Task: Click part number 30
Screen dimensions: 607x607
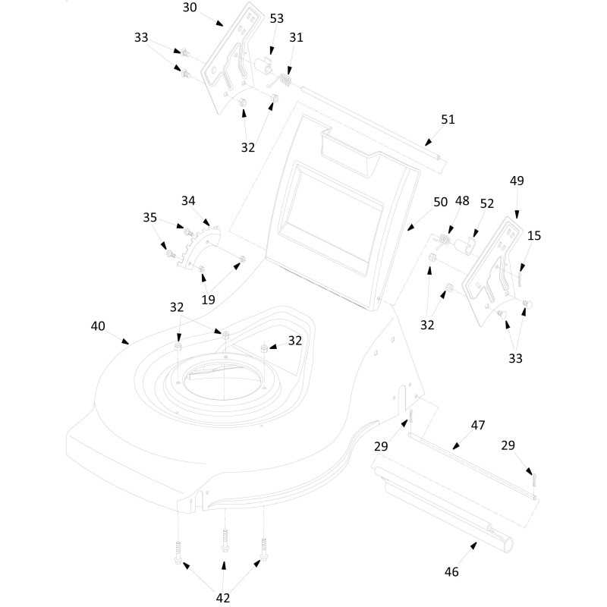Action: click(190, 8)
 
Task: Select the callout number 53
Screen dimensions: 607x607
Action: click(277, 18)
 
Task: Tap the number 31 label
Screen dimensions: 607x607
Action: click(296, 37)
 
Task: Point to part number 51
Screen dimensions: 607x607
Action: click(448, 120)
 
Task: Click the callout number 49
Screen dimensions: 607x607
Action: click(517, 181)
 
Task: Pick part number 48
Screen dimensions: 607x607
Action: click(462, 202)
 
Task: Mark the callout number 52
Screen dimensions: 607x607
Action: click(487, 204)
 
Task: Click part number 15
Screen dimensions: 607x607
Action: click(534, 236)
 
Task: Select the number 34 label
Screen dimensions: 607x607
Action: click(188, 201)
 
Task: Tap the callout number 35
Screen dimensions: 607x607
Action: click(150, 218)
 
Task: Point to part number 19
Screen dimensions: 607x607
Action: click(209, 300)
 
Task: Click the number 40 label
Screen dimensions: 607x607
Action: click(98, 326)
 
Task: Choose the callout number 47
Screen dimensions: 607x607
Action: click(478, 426)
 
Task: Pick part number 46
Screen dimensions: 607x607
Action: click(451, 572)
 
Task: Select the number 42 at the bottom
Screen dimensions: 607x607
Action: click(222, 598)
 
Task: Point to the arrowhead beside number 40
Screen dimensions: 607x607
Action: click(125, 342)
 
